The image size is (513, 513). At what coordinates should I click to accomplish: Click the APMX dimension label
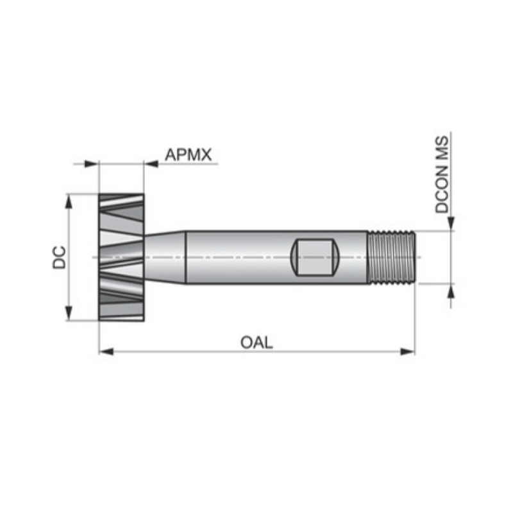(x=188, y=155)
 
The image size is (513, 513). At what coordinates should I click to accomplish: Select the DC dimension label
(x=60, y=256)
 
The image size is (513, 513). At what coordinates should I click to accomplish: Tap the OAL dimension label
(x=256, y=342)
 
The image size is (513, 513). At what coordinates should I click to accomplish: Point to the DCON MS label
(x=442, y=173)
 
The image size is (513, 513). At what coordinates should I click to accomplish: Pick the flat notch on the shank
(x=315, y=256)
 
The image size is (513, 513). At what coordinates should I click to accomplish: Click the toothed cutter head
(x=121, y=256)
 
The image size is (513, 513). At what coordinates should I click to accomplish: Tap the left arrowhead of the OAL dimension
(x=106, y=351)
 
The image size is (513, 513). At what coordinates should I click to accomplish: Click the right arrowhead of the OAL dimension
(x=408, y=351)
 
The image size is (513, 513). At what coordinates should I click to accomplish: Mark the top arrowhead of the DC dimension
(x=68, y=200)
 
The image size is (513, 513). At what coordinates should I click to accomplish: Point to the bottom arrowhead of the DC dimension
(x=68, y=314)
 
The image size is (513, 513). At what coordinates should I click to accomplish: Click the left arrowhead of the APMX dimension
(x=91, y=164)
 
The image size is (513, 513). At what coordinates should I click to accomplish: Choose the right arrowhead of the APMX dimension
(x=151, y=164)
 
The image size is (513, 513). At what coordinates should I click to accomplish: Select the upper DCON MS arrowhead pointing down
(x=451, y=222)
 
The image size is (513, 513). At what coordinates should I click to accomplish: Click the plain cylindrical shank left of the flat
(x=237, y=256)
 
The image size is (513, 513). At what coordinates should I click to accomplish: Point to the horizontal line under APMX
(x=186, y=164)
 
